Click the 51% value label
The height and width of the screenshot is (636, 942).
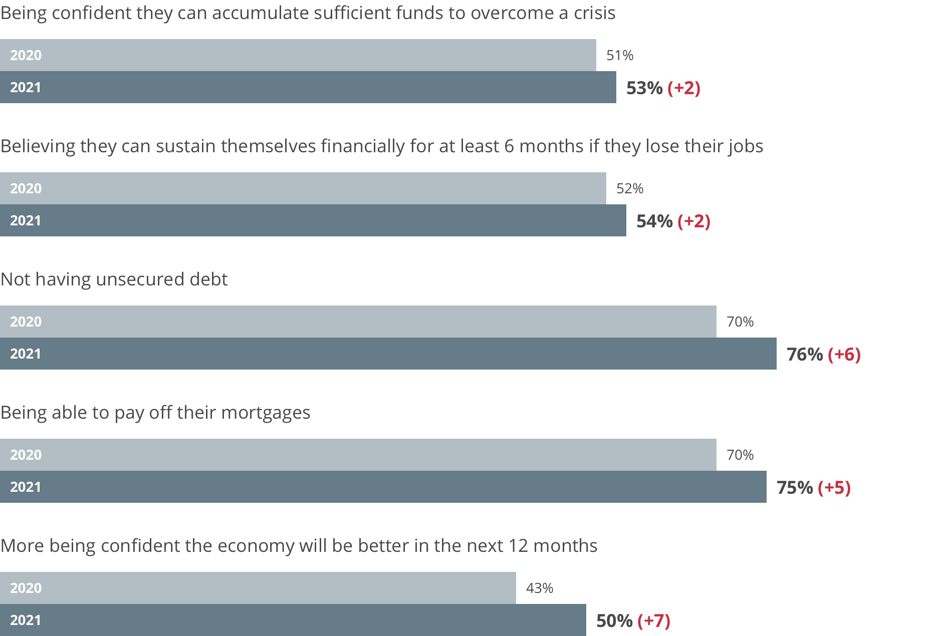[620, 55]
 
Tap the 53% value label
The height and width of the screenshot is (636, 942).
[644, 88]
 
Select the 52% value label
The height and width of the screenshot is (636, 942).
[630, 188]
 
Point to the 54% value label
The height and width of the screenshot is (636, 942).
[654, 221]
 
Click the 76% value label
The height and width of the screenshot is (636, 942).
[805, 355]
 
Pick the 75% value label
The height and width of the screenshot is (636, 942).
[795, 488]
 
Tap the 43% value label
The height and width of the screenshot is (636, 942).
[540, 588]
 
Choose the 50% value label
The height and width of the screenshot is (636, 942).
[614, 621]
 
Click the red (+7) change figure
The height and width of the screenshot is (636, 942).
[654, 621]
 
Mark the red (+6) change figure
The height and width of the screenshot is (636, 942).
[844, 355]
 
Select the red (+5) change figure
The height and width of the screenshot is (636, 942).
[834, 488]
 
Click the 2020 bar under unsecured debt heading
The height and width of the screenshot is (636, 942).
[358, 322]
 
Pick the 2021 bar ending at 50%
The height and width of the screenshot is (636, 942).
[293, 620]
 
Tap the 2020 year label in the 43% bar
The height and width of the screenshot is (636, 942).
[26, 588]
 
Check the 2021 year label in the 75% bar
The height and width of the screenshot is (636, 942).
[26, 487]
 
